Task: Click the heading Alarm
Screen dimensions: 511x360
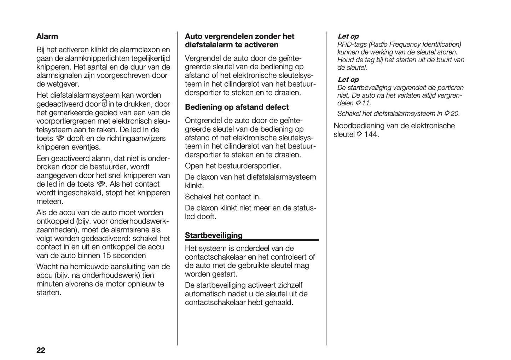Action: tap(47, 36)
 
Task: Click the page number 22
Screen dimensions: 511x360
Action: tap(41, 350)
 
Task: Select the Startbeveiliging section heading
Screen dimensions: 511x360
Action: tap(214, 236)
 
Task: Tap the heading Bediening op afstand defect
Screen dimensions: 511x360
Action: tap(237, 107)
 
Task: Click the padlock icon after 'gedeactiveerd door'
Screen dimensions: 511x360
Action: tap(104, 104)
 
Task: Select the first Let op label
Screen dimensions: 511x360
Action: tap(348, 36)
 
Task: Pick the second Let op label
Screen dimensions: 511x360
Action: tap(348, 80)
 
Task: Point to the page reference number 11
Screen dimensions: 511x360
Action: tap(366, 103)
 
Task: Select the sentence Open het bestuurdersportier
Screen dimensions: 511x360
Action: tap(233, 166)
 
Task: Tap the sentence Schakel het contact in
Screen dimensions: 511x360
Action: tap(223, 197)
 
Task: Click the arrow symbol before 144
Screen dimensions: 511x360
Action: tap(359, 134)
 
